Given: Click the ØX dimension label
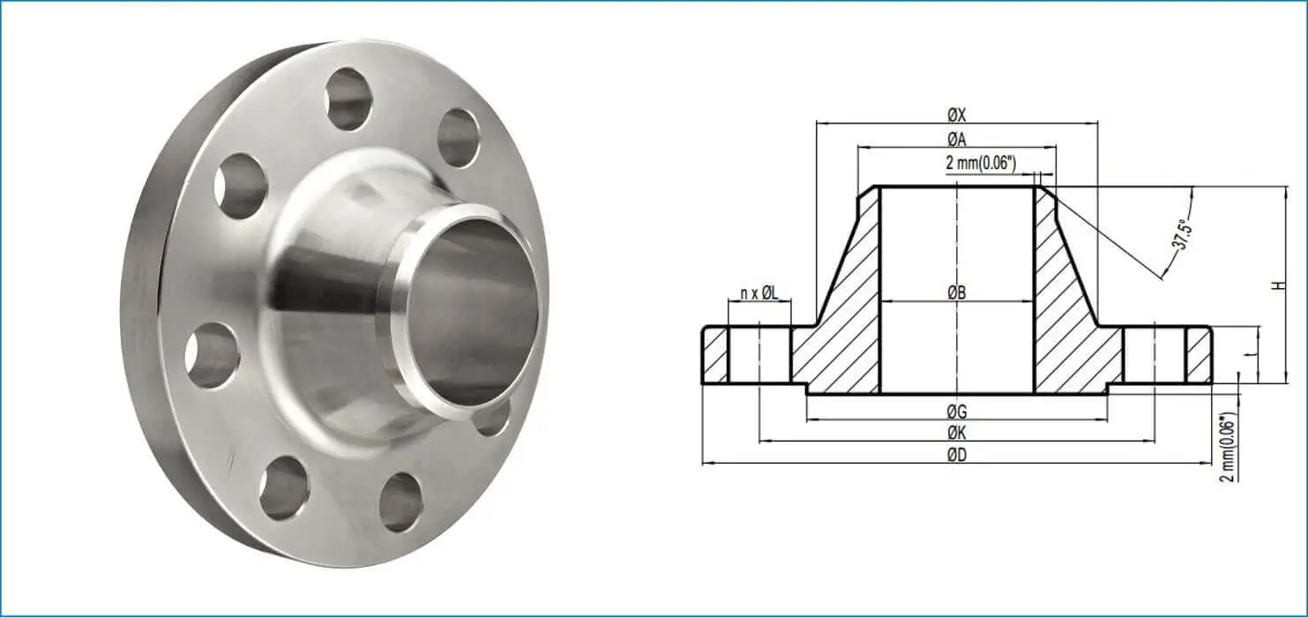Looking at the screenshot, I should [957, 115].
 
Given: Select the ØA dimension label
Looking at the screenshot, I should [957, 139].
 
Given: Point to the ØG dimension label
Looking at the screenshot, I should [957, 412].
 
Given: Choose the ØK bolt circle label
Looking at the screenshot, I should [957, 433].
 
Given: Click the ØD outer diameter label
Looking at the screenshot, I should [957, 455].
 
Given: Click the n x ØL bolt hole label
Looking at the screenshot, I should [759, 293].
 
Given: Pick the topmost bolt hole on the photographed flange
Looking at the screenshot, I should [348, 98].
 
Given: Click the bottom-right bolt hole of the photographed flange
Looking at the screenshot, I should [400, 502].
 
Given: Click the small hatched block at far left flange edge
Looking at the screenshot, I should [715, 356].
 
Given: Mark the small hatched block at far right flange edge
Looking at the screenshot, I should [1199, 356].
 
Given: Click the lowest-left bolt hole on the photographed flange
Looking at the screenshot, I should [284, 487].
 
